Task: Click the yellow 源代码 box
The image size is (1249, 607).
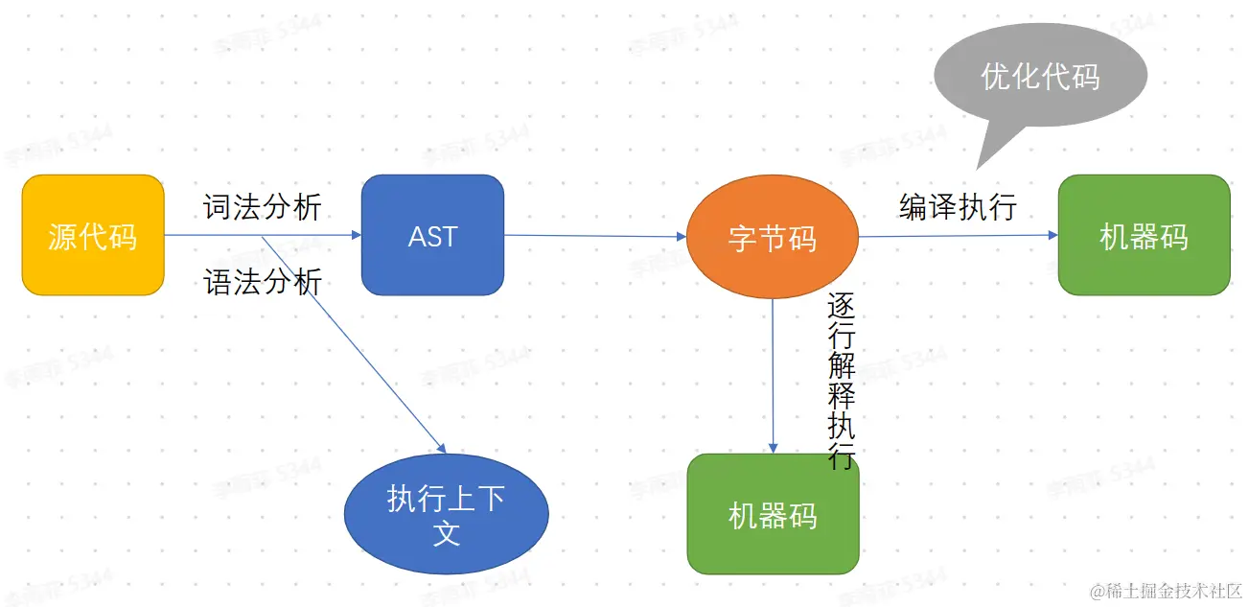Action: pyautogui.click(x=93, y=235)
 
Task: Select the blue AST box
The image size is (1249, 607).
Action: pyautogui.click(x=432, y=235)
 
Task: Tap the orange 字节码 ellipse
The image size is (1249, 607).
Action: pyautogui.click(x=773, y=236)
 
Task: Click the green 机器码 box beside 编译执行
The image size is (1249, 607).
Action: pyautogui.click(x=1144, y=235)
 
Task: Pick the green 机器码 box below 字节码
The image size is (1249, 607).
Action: pyautogui.click(x=773, y=514)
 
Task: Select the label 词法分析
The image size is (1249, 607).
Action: pyautogui.click(x=263, y=207)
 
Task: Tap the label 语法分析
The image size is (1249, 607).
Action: pyautogui.click(x=263, y=282)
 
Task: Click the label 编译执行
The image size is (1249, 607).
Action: pyautogui.click(x=958, y=206)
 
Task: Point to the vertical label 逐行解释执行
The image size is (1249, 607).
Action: pyautogui.click(x=841, y=382)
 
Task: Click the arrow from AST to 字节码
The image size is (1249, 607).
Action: pyautogui.click(x=594, y=235)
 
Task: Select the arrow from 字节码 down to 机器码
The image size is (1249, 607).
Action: pyautogui.click(x=773, y=374)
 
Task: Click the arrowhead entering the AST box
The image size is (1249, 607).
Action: pyautogui.click(x=355, y=235)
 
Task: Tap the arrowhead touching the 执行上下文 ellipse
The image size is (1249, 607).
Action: pyautogui.click(x=441, y=447)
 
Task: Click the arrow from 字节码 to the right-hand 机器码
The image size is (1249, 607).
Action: pyautogui.click(x=959, y=236)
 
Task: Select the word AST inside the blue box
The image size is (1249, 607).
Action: pyautogui.click(x=432, y=236)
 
